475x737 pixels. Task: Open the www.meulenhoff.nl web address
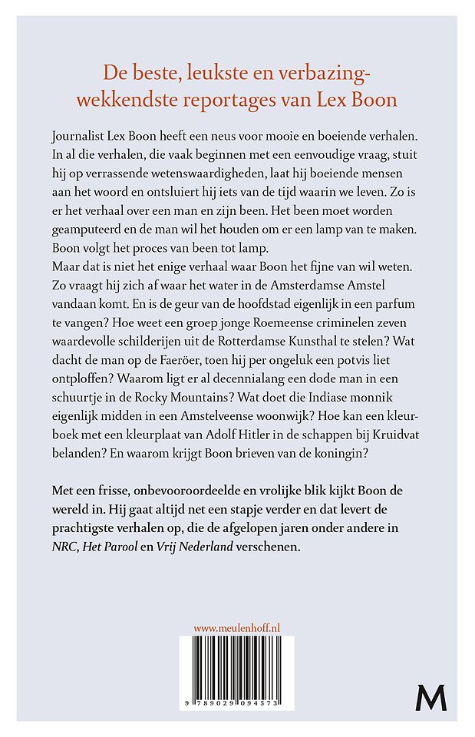[236, 628]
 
